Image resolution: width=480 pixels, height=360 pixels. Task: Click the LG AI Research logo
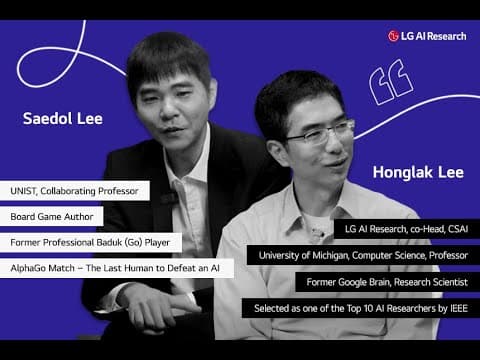(428, 36)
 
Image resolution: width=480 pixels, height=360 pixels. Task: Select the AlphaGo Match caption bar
(119, 268)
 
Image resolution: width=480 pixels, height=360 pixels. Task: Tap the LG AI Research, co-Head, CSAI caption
(405, 230)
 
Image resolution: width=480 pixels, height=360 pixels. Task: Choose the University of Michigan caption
(363, 256)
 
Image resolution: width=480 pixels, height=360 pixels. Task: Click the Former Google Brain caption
(380, 282)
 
